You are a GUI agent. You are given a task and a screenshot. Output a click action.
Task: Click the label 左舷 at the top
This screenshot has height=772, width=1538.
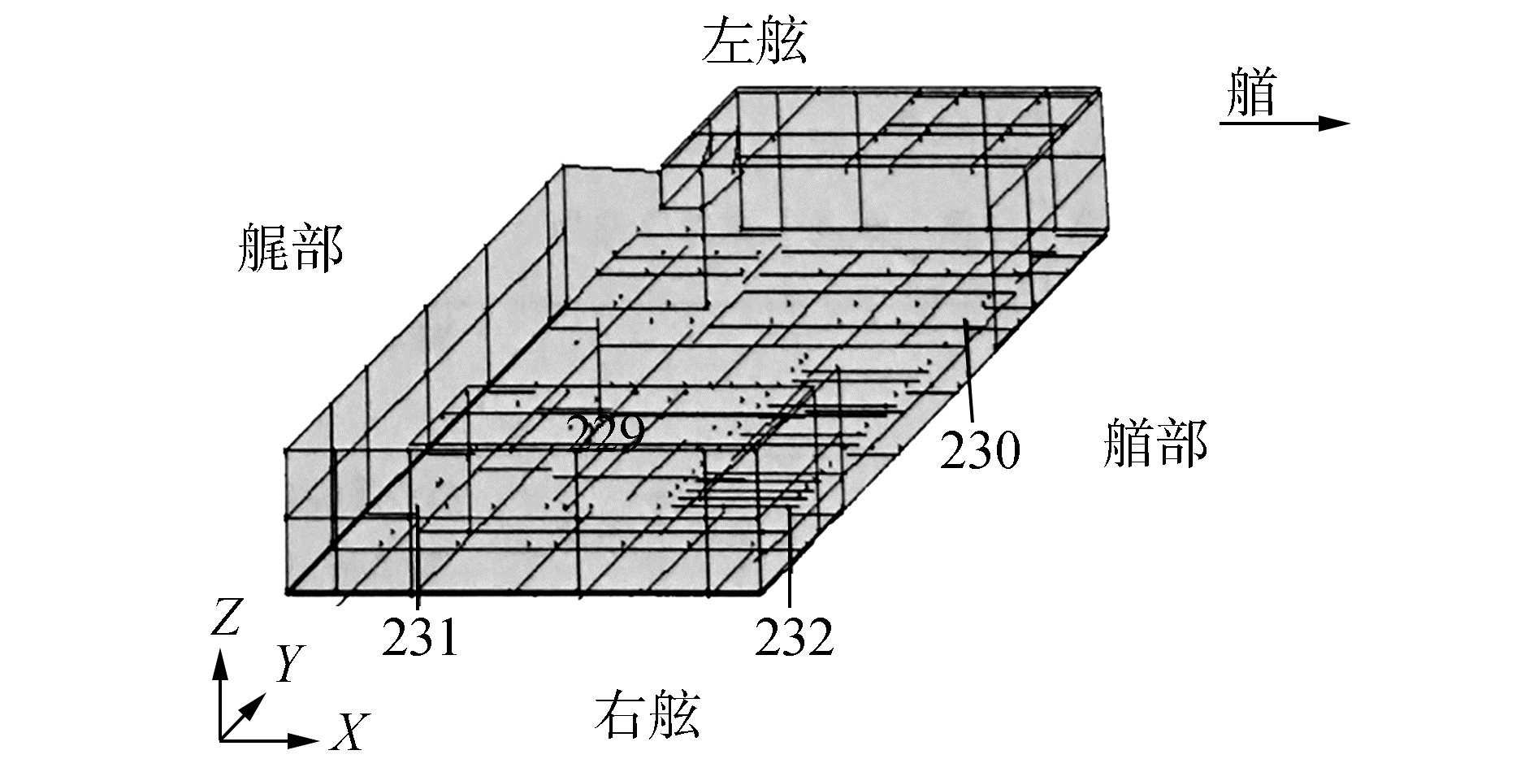tap(755, 43)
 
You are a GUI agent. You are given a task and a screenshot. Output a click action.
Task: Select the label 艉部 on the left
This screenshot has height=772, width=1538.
tap(290, 249)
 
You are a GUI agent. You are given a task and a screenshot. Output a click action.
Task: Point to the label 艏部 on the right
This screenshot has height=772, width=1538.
tap(1155, 443)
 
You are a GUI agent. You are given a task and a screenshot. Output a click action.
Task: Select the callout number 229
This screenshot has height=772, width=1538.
tap(605, 434)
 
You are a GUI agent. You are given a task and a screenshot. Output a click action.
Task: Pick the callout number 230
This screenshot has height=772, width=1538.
tap(979, 449)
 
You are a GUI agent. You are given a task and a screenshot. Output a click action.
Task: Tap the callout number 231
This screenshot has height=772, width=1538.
tap(420, 637)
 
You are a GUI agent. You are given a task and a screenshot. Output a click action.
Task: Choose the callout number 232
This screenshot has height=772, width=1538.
tap(795, 637)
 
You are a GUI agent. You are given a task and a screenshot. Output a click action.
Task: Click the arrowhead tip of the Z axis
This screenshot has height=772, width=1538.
tap(219, 657)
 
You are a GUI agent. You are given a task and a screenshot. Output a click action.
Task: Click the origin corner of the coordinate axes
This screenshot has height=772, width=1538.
tap(220, 740)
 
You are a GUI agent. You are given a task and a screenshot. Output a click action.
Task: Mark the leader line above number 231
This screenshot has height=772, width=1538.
tap(417, 561)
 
